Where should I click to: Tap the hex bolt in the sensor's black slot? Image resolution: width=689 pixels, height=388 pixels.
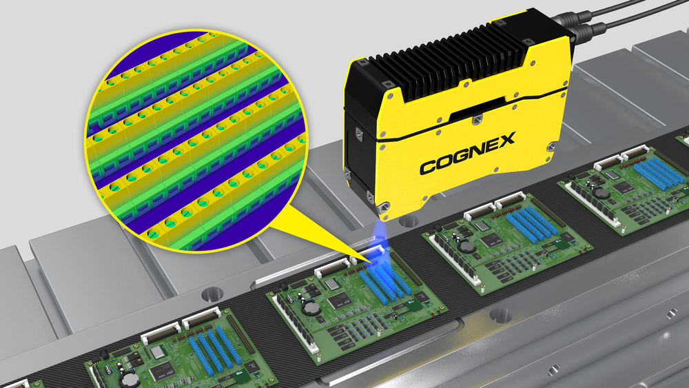[x=477, y=119]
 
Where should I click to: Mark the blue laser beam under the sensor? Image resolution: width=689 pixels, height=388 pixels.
[x=378, y=237]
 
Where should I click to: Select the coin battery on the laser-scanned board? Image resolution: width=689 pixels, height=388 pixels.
[x=312, y=308]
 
